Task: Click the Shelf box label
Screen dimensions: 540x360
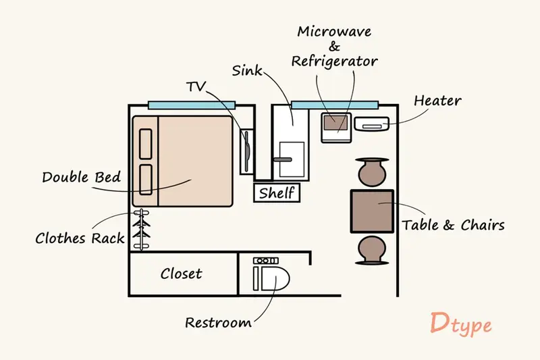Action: (277, 192)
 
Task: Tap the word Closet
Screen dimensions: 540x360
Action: (181, 274)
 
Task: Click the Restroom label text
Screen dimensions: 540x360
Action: (218, 323)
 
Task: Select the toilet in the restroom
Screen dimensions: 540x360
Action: (271, 275)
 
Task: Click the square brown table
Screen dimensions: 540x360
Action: (372, 211)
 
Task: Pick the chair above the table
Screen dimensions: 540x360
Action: (372, 172)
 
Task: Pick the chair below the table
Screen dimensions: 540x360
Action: (372, 251)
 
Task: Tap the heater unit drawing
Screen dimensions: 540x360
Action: (372, 124)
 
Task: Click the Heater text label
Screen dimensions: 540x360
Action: (437, 101)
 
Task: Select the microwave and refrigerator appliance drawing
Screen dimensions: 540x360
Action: (336, 128)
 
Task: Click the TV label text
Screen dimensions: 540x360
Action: (196, 86)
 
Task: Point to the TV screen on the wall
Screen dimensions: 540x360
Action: (247, 151)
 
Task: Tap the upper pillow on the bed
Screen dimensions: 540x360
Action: (146, 144)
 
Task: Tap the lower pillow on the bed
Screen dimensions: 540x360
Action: (146, 180)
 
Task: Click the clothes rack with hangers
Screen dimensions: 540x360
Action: (142, 229)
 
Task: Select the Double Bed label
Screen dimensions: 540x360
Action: (81, 178)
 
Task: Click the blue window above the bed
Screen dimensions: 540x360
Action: (192, 105)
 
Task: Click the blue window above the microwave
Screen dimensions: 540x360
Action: (335, 105)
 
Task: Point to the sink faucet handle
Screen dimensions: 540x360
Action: (283, 160)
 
